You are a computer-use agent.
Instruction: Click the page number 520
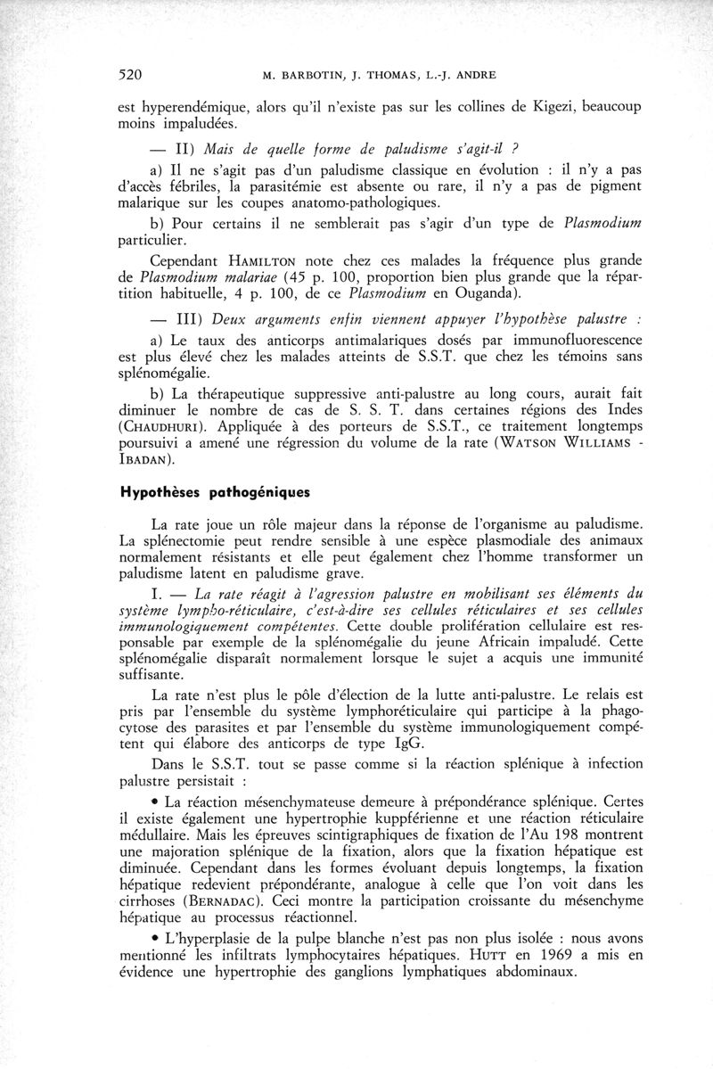(x=132, y=74)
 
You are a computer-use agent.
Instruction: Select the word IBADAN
(x=147, y=460)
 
